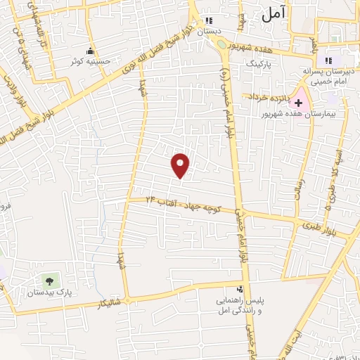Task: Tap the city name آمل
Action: [276, 15]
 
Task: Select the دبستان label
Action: [209, 32]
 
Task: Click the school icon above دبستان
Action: [209, 21]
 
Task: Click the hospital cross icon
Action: [298, 102]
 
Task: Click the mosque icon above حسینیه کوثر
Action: [89, 51]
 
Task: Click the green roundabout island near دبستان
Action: [222, 44]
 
